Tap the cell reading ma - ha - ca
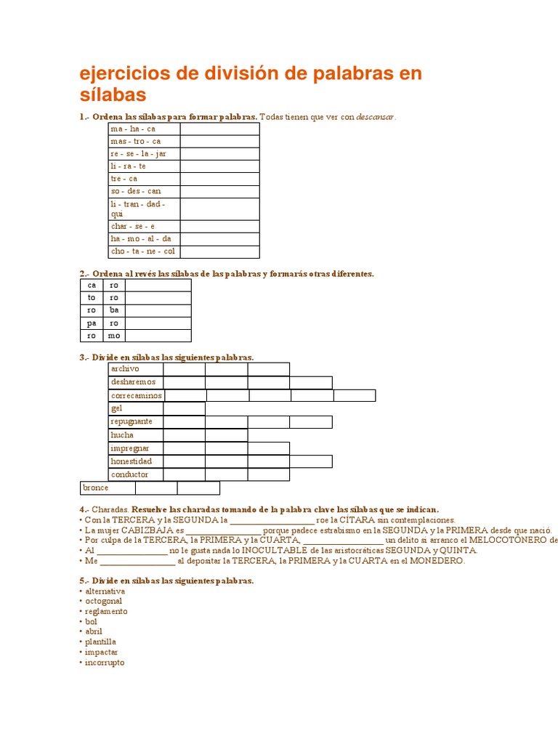pyautogui.click(x=133, y=129)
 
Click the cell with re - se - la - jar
pyautogui.click(x=138, y=154)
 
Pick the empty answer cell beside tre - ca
pyautogui.click(x=219, y=179)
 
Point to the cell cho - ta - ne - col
pyautogui.click(x=142, y=251)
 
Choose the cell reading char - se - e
pyautogui.click(x=132, y=226)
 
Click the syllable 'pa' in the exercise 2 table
pyautogui.click(x=92, y=323)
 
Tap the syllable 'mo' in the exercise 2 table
pyautogui.click(x=114, y=336)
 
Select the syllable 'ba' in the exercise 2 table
pyautogui.click(x=114, y=310)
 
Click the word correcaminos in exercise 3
pyautogui.click(x=136, y=396)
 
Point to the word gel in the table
pyautogui.click(x=117, y=408)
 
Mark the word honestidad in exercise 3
pyautogui.click(x=132, y=461)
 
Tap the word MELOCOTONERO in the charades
pyautogui.click(x=509, y=541)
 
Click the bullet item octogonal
pyautogui.click(x=103, y=602)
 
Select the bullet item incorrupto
pyautogui.click(x=105, y=663)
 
